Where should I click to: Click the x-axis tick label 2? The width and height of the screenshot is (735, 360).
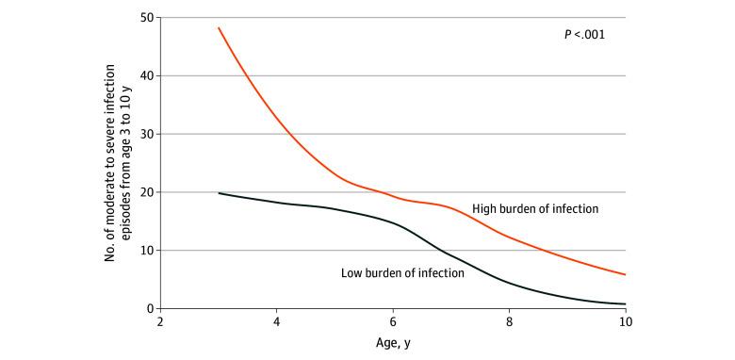(161, 321)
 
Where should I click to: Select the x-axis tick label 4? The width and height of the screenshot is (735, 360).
(277, 321)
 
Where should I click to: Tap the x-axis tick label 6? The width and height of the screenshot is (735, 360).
(393, 321)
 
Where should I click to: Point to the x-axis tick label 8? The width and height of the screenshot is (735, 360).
(509, 321)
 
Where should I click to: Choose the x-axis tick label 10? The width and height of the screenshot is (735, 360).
(625, 321)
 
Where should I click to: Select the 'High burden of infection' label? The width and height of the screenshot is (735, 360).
(534, 208)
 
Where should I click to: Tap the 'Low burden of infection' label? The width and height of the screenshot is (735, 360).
(402, 273)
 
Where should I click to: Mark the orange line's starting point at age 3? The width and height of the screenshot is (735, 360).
(219, 27)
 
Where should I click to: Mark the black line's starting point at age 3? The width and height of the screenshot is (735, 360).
(219, 193)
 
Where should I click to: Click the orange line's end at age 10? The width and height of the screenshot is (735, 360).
(625, 274)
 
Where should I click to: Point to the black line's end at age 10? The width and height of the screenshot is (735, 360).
(625, 303)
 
